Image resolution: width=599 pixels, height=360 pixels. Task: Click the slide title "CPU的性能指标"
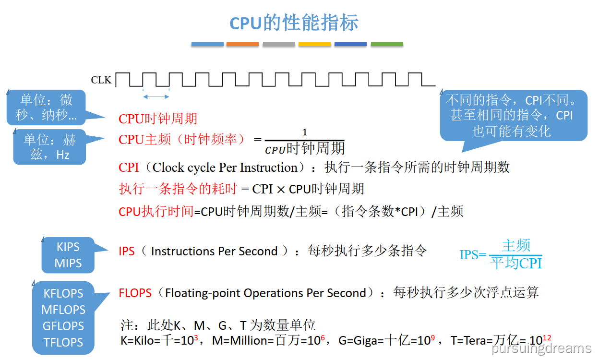[294, 23]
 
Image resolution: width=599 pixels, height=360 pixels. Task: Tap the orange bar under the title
[242, 44]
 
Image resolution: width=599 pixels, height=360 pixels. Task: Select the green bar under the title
[387, 44]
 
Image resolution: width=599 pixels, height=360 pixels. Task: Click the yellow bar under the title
[314, 44]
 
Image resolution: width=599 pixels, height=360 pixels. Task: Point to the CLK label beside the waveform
[101, 80]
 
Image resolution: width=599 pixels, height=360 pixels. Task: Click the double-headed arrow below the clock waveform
[156, 97]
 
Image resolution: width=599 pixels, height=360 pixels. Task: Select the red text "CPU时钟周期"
[158, 119]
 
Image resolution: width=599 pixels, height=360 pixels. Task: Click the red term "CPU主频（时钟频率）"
[182, 139]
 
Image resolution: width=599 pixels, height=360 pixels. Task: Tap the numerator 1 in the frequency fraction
[305, 132]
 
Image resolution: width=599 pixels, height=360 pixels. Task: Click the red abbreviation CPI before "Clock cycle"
[129, 168]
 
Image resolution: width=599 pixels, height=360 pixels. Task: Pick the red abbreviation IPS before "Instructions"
[127, 251]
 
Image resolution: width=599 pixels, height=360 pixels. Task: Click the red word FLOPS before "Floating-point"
[135, 293]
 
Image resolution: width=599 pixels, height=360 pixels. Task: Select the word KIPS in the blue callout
[68, 247]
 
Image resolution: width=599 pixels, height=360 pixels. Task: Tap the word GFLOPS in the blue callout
[63, 326]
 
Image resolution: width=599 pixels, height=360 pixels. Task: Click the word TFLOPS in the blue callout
[63, 342]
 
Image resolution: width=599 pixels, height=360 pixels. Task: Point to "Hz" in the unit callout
[62, 155]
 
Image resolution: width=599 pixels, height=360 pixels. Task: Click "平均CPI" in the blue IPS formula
[516, 263]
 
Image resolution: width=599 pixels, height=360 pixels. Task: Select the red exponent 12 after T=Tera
[547, 337]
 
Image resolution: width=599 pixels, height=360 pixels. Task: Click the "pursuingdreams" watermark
[541, 348]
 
